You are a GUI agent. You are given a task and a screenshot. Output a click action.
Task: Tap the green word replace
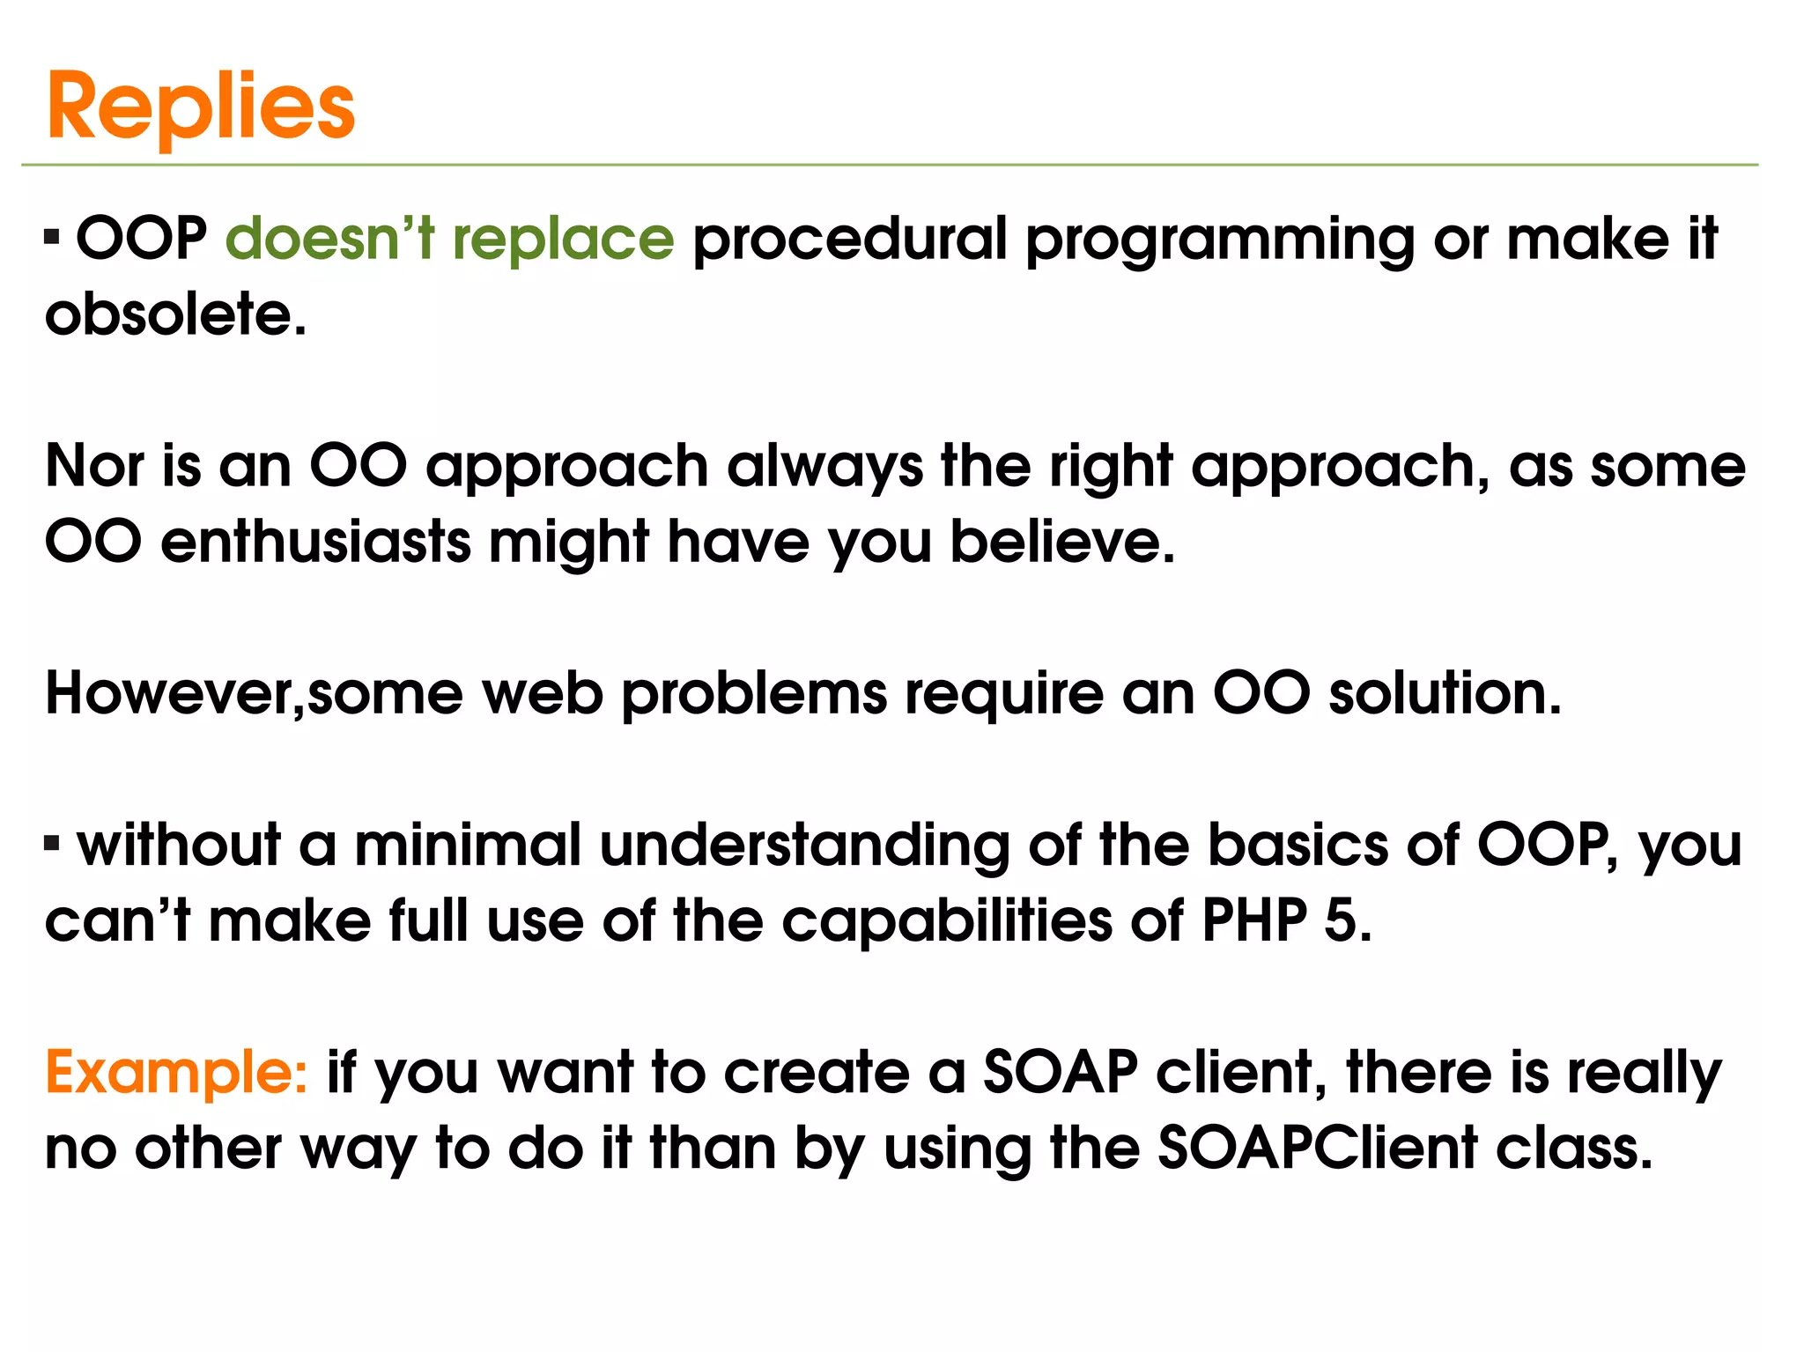(563, 240)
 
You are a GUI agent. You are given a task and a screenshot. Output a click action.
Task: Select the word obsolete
(174, 315)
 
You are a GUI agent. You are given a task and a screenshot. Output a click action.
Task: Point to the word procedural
(849, 239)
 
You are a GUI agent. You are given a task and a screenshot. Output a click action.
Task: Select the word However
(173, 694)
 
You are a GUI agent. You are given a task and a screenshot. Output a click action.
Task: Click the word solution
(1445, 694)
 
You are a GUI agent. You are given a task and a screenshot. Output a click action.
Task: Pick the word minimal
(468, 846)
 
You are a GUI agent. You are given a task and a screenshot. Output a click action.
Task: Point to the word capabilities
(946, 923)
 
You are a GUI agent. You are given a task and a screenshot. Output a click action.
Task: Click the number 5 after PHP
(1342, 921)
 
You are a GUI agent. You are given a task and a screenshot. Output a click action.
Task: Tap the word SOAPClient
(1317, 1149)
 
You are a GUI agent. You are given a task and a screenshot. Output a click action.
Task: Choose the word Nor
(94, 466)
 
